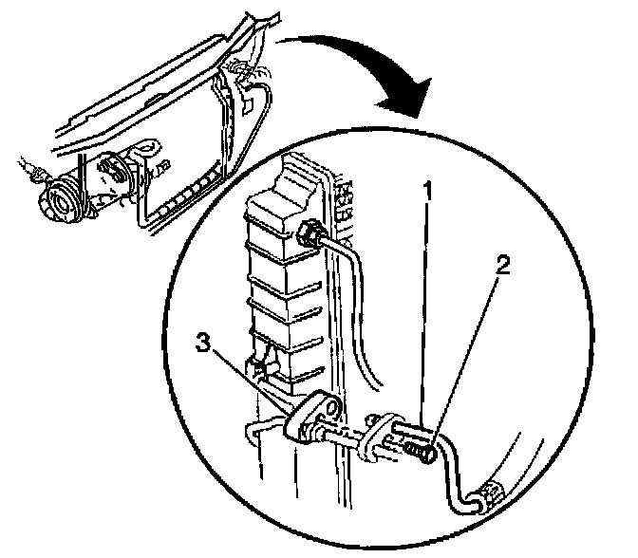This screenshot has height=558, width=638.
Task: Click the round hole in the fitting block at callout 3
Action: point(328,410)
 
